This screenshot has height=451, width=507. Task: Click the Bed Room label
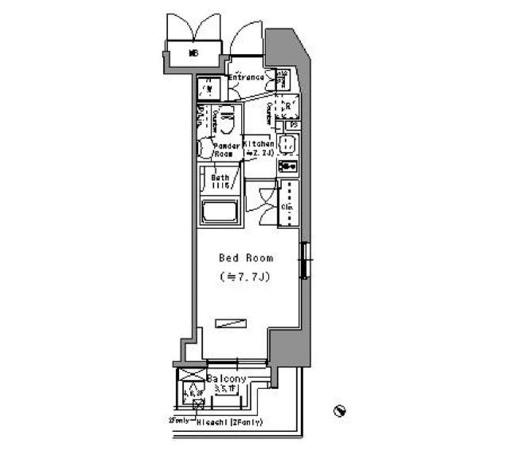pyautogui.click(x=246, y=258)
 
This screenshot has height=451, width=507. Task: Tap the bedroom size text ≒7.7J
pyautogui.click(x=246, y=277)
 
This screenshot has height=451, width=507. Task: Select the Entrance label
pyautogui.click(x=246, y=78)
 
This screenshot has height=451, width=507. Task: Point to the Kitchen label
pyautogui.click(x=258, y=144)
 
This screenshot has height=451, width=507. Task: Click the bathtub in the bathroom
pyautogui.click(x=220, y=213)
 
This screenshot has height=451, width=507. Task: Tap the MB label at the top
pyautogui.click(x=193, y=53)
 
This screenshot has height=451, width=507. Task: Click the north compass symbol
pyautogui.click(x=340, y=410)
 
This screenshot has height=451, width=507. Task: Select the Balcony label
pyautogui.click(x=227, y=379)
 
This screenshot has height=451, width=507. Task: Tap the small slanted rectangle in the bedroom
pyautogui.click(x=231, y=323)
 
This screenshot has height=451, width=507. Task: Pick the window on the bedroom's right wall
pyautogui.click(x=305, y=259)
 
